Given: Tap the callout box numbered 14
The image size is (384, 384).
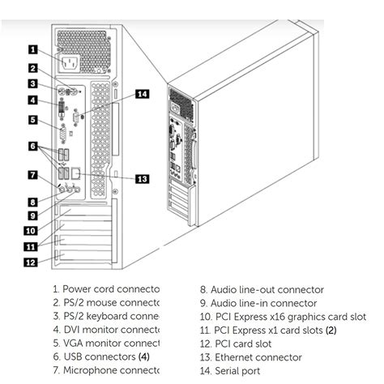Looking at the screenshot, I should pyautogui.click(x=142, y=94).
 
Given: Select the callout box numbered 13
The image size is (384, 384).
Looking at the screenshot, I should pyautogui.click(x=142, y=178).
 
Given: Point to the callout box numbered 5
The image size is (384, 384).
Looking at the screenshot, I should pyautogui.click(x=33, y=120).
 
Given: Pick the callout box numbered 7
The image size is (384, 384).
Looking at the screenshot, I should pyautogui.click(x=33, y=174).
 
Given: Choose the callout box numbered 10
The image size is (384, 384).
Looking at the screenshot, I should pyautogui.click(x=33, y=230).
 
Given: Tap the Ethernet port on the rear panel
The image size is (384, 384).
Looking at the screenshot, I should pyautogui.click(x=75, y=173).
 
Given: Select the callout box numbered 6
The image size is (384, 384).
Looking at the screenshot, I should pyautogui.click(x=33, y=147).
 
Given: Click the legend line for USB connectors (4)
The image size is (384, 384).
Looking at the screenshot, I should pyautogui.click(x=101, y=357).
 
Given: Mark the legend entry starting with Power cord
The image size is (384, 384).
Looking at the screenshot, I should pyautogui.click(x=105, y=289).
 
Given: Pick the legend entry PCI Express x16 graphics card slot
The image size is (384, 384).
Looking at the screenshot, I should pyautogui.click(x=283, y=317).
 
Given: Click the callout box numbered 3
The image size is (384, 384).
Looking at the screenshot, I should pyautogui.click(x=33, y=83).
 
